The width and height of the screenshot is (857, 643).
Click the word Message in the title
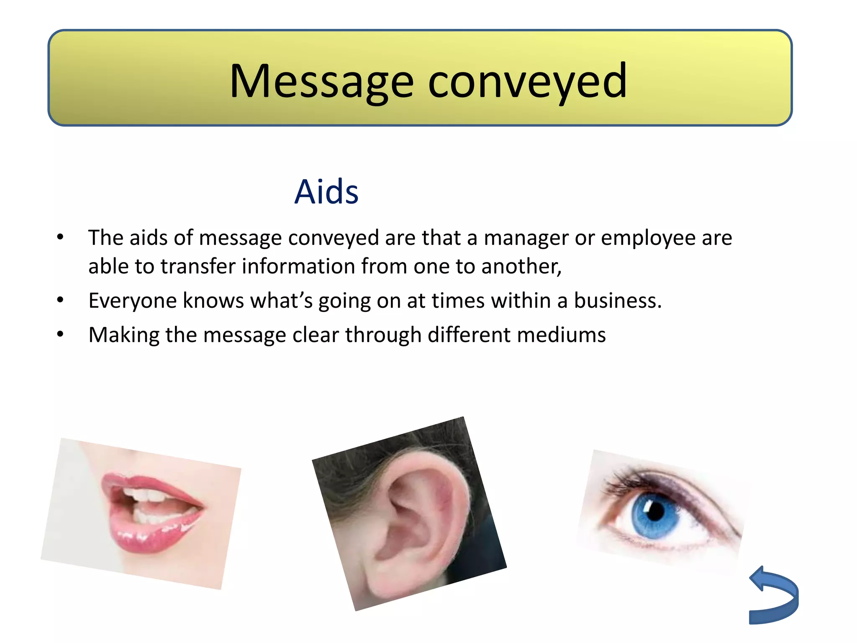321,82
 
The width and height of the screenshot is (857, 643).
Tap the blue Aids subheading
326,192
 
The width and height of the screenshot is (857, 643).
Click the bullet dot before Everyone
60,300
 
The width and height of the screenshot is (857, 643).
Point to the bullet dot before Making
60,334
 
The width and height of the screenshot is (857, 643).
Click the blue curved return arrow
774,597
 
